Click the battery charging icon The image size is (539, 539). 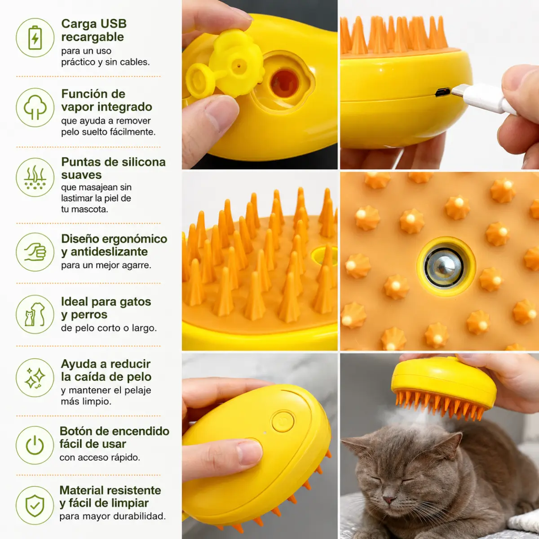coord(35,37)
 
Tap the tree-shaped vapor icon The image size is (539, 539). coord(35,107)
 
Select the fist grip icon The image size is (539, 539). coord(35,252)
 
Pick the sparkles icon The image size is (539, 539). coord(35,378)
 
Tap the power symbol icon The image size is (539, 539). coord(35,445)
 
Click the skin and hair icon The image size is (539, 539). coord(35,177)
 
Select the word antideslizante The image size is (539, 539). coord(109,252)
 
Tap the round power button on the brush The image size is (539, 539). coord(283,421)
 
